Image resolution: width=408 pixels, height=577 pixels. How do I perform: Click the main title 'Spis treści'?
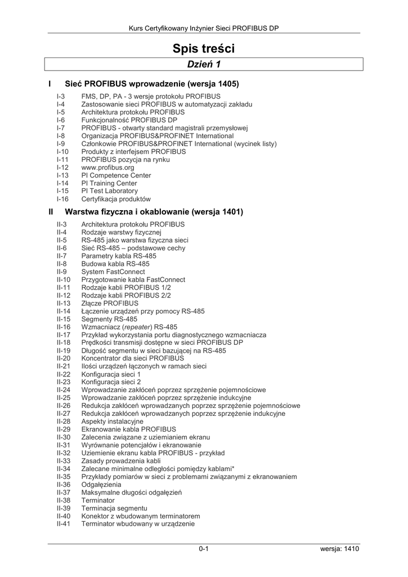click(203, 48)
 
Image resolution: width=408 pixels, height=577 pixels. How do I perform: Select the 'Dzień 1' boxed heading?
click(203, 65)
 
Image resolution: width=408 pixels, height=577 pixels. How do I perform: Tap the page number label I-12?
click(62, 167)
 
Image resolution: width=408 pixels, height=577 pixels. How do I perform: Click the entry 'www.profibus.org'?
click(107, 167)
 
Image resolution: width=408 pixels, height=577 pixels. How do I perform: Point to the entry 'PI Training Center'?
click(109, 183)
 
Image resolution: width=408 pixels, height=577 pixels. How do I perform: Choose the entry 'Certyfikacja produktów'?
click(116, 199)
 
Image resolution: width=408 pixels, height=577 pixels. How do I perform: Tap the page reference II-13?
click(64, 303)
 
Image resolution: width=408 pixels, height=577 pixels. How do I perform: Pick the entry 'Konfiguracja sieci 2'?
click(111, 382)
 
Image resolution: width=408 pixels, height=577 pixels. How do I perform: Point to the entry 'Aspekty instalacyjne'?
click(112, 421)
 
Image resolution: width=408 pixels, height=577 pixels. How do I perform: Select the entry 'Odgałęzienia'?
click(101, 485)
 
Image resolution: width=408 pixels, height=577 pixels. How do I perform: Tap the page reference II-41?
click(64, 524)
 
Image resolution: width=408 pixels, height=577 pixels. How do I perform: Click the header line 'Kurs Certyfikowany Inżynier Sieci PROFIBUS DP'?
click(203, 28)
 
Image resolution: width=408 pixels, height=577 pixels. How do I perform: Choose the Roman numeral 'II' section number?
click(51, 212)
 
